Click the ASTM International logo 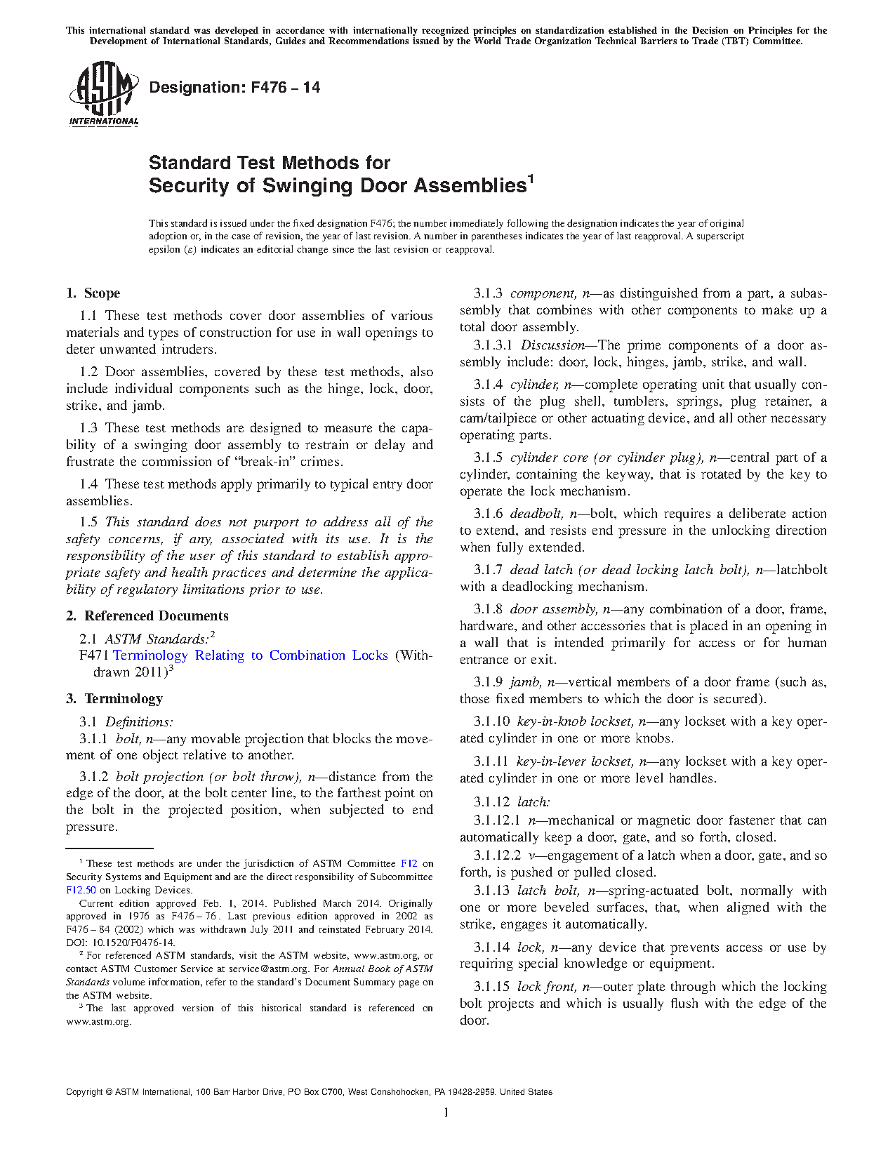click(103, 94)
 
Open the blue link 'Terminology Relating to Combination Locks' click(251, 655)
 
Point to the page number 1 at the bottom click(446, 1112)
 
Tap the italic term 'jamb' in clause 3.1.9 click(524, 682)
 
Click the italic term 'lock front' click(545, 987)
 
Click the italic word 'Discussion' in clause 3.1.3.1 click(552, 345)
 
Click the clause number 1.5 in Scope click(88, 522)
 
